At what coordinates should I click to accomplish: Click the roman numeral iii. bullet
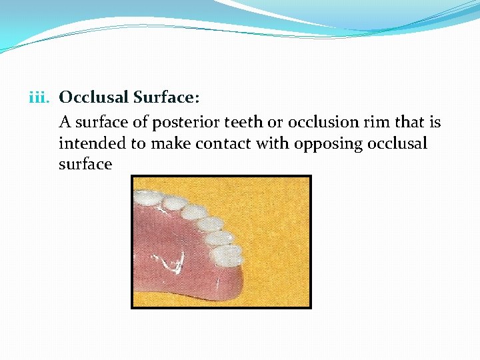(41, 98)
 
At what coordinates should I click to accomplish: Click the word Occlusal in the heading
(93, 98)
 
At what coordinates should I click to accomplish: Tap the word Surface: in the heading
(165, 98)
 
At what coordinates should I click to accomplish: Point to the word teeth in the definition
(244, 123)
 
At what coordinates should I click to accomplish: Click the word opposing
(317, 144)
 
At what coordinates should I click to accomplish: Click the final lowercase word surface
(85, 164)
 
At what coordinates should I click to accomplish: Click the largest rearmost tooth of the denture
(228, 254)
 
